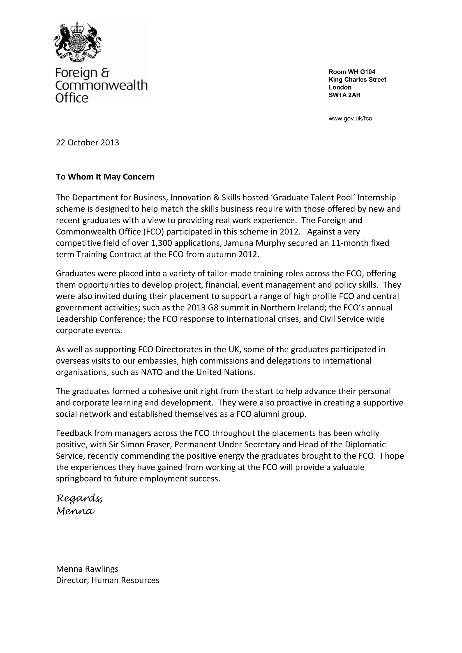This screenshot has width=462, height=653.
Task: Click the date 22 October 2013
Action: tap(87, 143)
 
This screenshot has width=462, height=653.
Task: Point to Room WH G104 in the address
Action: tap(352, 72)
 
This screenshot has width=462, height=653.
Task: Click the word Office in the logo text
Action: tap(72, 98)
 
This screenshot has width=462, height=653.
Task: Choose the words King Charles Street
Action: tap(357, 80)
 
